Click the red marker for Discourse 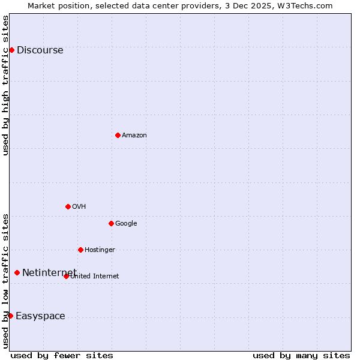click(x=11, y=50)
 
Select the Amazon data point click(x=118, y=135)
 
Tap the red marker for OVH click(x=68, y=206)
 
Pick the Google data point click(x=111, y=223)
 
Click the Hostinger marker click(x=80, y=250)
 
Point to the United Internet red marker click(x=66, y=276)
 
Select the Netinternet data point click(x=17, y=273)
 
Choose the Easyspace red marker click(x=10, y=316)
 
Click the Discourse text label click(x=40, y=50)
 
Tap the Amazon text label click(x=134, y=136)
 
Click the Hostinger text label click(x=100, y=250)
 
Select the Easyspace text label click(x=40, y=316)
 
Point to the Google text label click(x=126, y=224)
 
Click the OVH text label click(x=79, y=207)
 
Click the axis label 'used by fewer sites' click(x=62, y=355)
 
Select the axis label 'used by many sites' click(x=301, y=355)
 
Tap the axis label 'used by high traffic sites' click(x=6, y=85)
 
